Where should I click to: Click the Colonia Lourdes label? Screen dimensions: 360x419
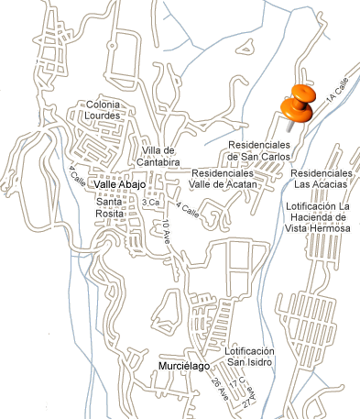103,110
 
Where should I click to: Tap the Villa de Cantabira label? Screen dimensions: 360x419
158,156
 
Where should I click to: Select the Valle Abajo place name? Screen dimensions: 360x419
120,184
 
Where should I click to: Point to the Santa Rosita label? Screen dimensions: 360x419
109,207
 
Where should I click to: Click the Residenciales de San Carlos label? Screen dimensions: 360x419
259,150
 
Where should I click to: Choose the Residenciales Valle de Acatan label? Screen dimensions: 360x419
223,179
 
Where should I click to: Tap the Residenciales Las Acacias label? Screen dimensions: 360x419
321,179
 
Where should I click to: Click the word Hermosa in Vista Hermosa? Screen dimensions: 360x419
333,228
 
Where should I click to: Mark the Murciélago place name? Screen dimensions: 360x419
184,366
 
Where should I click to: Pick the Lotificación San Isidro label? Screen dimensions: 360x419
249,357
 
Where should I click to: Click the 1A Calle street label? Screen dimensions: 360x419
337,91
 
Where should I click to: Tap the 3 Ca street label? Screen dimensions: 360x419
150,203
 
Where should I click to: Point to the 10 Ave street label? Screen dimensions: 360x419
166,232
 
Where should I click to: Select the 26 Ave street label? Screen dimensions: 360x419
220,388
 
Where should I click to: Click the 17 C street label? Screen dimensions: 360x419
237,382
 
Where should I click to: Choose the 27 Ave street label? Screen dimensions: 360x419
250,397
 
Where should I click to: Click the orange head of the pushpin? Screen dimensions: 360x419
299,104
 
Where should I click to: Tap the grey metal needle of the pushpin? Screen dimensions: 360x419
289,127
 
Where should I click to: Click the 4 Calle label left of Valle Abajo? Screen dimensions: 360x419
77,177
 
